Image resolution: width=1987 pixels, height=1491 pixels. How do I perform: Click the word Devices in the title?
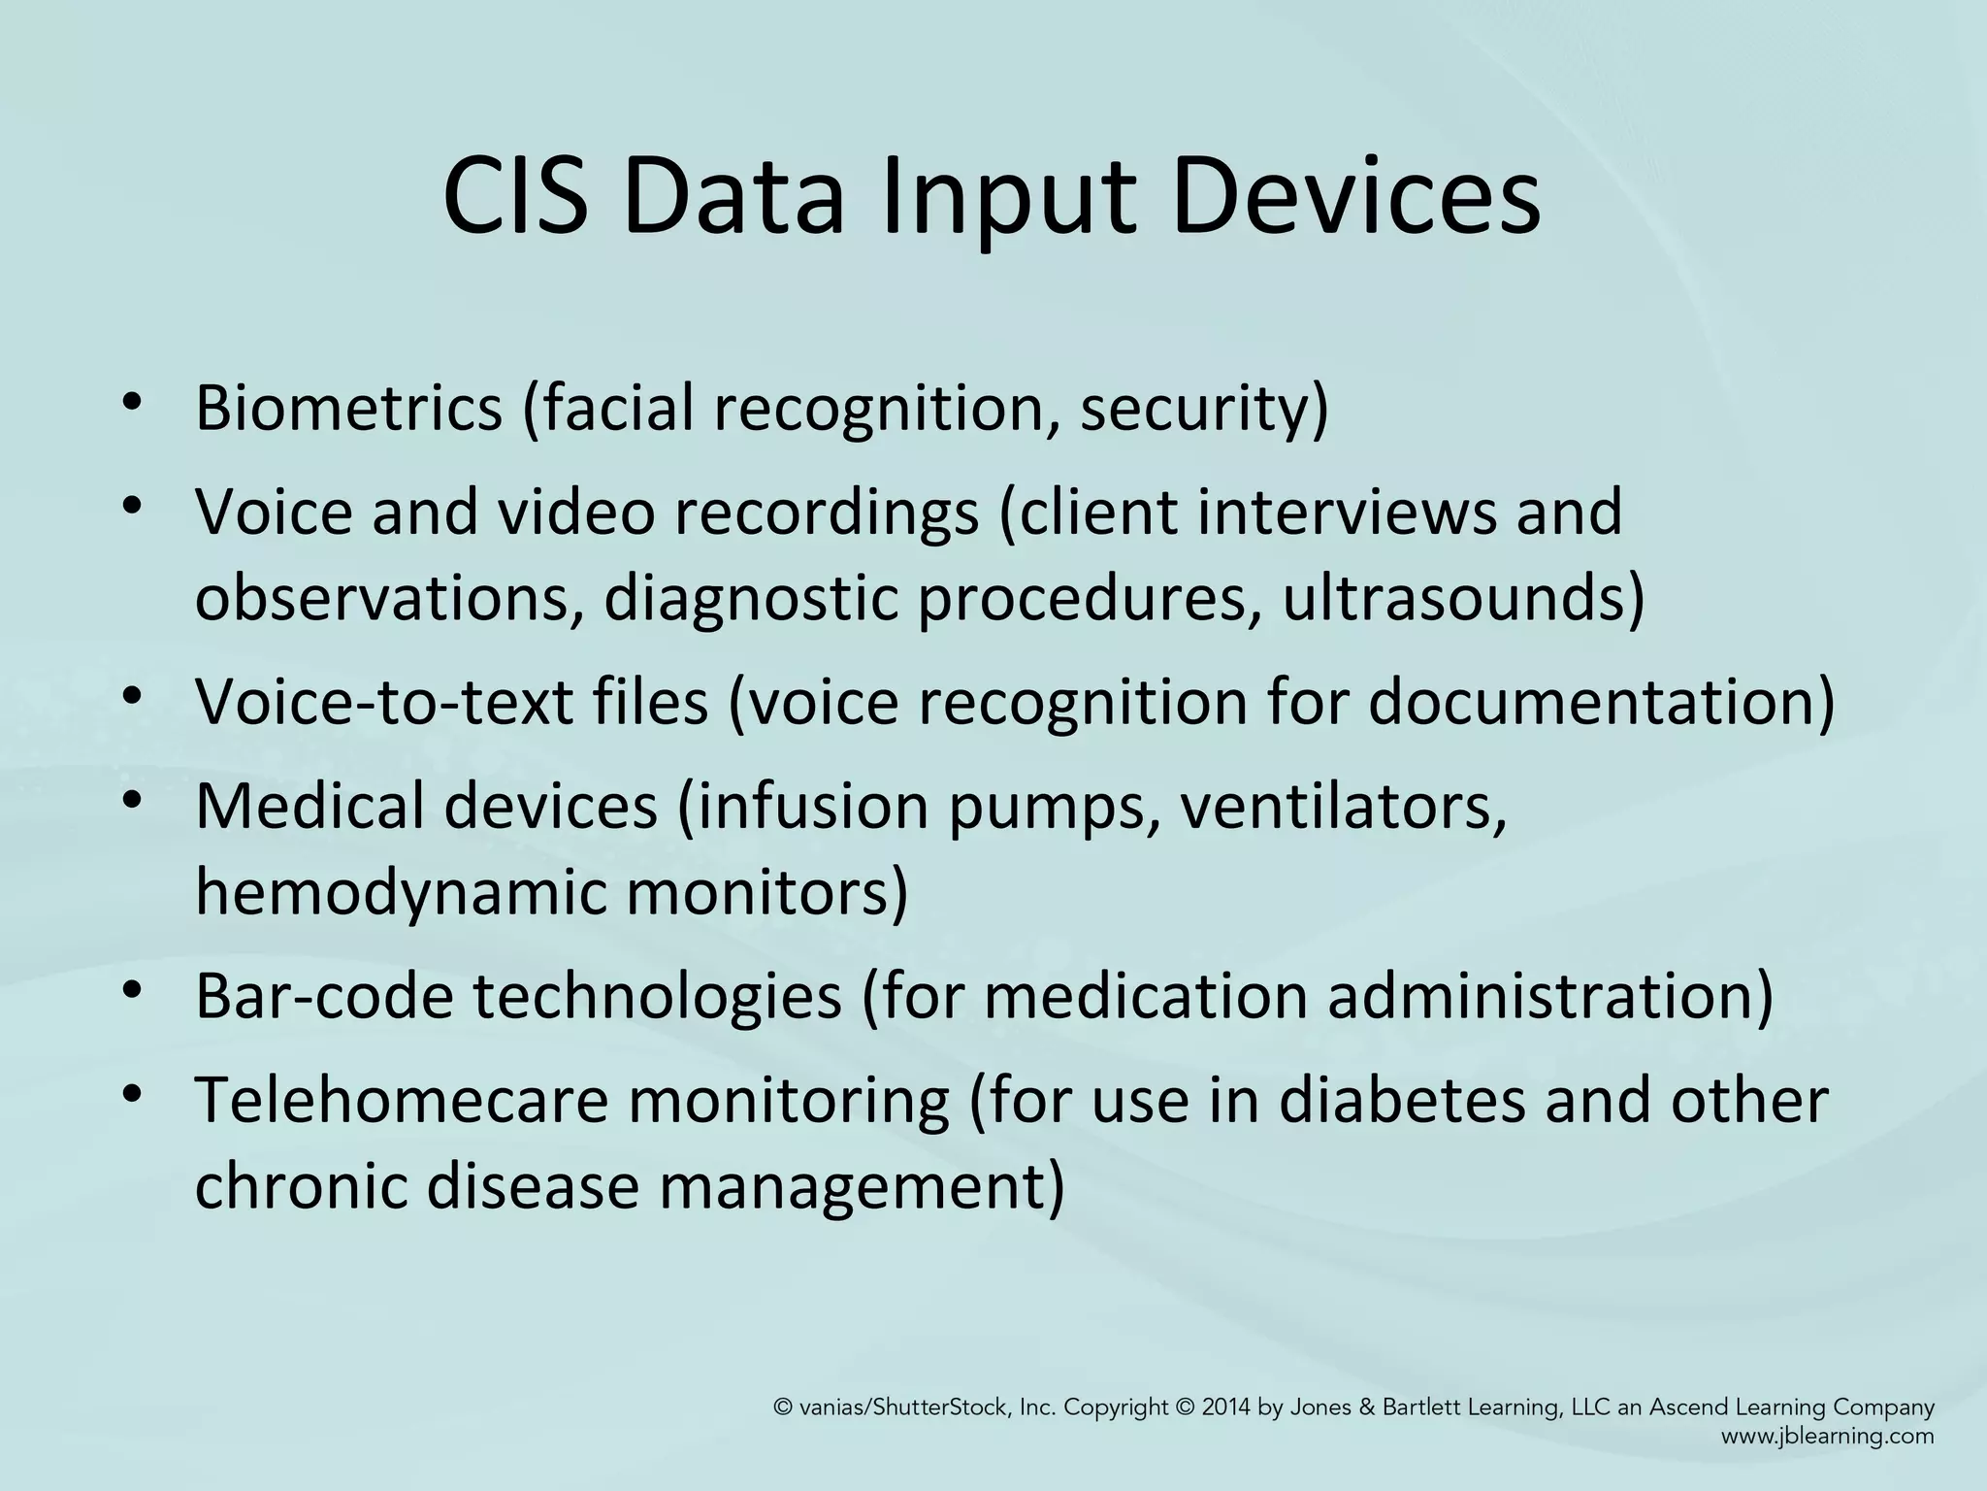point(1355,197)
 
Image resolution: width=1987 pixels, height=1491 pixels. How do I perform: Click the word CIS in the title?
point(515,197)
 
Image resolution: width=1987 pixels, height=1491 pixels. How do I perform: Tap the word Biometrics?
point(348,408)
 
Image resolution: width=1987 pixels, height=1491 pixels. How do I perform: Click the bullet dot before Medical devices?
point(133,802)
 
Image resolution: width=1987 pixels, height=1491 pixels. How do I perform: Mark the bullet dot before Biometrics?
point(133,404)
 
